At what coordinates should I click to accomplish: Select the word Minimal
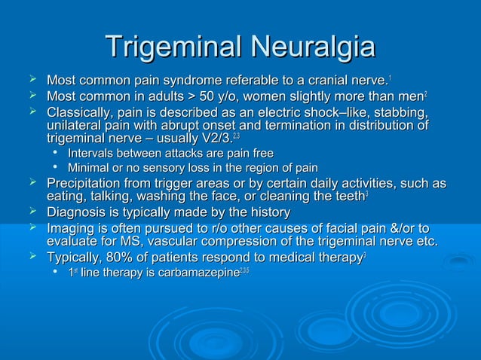(90, 167)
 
